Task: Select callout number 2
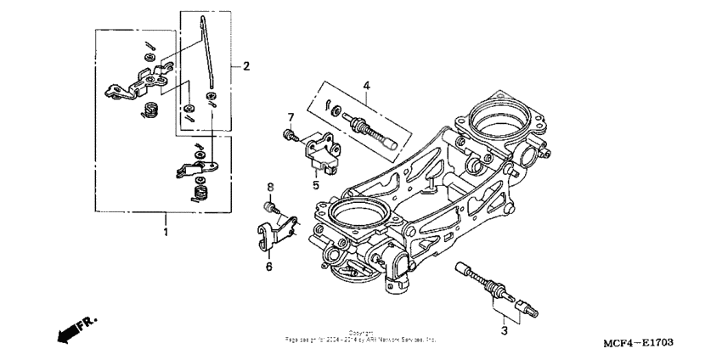click(x=246, y=66)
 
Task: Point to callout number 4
click(x=366, y=85)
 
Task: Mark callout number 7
click(x=290, y=116)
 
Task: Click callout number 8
click(x=272, y=187)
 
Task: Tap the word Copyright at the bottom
click(x=361, y=333)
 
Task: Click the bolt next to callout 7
click(x=289, y=134)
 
